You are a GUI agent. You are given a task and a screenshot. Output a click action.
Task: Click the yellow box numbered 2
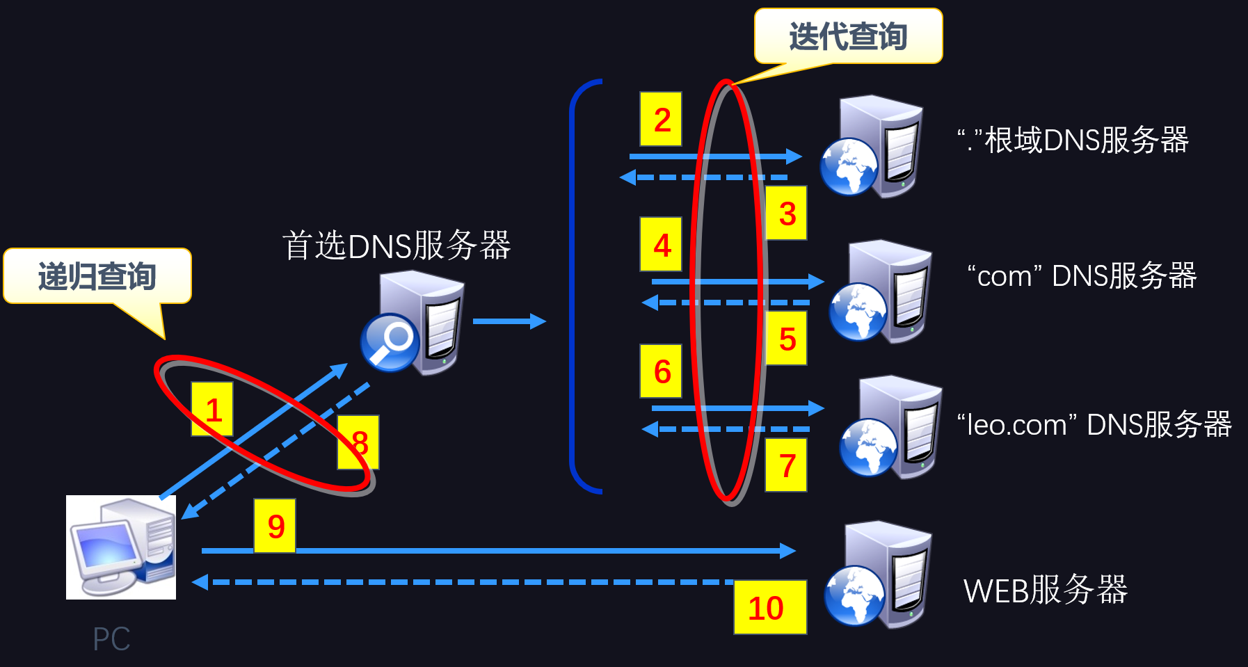point(661,119)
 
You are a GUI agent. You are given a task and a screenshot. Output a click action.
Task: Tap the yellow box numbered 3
point(786,213)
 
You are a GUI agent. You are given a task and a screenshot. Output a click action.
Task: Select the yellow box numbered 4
point(661,244)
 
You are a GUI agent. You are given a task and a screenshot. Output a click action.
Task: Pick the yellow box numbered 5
point(786,338)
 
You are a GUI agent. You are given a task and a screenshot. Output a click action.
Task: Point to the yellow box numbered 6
point(661,371)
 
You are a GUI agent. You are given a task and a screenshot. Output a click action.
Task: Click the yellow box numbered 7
point(786,465)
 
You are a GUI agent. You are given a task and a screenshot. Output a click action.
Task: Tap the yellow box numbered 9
point(275,526)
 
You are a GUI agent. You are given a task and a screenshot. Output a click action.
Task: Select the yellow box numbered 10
point(770,607)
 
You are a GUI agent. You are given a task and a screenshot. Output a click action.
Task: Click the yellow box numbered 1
point(212,409)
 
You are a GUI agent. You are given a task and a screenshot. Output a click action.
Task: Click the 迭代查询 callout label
point(849,36)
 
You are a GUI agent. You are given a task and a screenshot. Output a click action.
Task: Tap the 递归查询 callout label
point(97,276)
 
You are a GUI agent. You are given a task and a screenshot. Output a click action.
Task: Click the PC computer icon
point(121,547)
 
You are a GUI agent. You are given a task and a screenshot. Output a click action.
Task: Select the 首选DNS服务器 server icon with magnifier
point(413,323)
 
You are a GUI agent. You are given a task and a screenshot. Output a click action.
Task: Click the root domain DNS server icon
point(872,146)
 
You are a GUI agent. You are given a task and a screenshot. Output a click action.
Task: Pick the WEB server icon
point(878,574)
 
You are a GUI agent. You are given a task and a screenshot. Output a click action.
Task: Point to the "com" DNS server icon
point(881,291)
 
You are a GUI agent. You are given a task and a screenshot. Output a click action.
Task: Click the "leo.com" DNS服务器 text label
point(1094,424)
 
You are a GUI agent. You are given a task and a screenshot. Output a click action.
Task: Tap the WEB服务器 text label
point(1046,590)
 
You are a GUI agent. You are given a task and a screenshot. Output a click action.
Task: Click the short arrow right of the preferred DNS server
point(509,321)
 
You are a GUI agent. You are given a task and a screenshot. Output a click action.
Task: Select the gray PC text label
point(111,638)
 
